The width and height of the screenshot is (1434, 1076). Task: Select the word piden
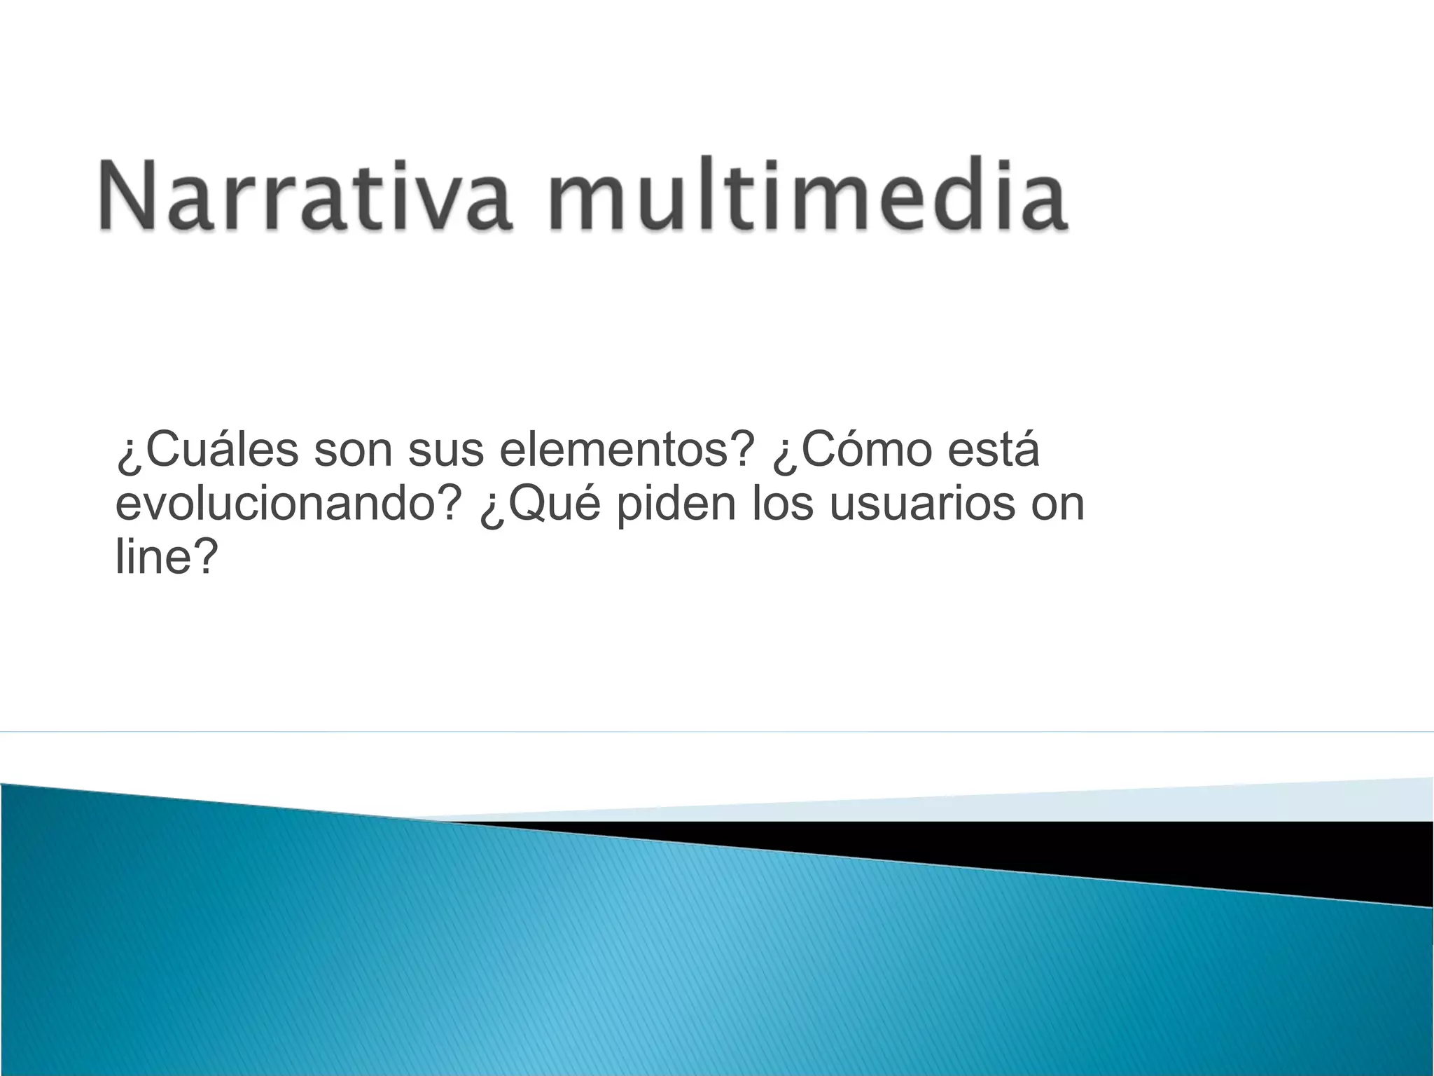pyautogui.click(x=676, y=504)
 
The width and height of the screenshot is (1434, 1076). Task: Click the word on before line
pyautogui.click(x=1057, y=505)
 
